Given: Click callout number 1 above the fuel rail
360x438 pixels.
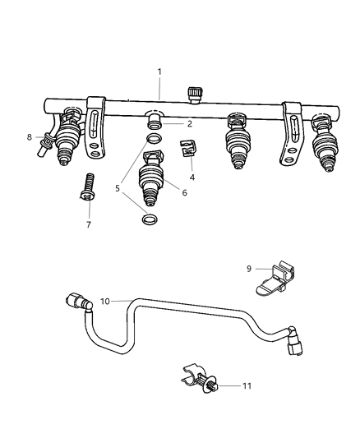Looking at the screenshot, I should (159, 72).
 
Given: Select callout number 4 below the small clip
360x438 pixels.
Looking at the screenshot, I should (192, 175).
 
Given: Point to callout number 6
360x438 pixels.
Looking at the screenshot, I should (184, 192).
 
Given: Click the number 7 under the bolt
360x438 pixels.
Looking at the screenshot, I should (89, 224).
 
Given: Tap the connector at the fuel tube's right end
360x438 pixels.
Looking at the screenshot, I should (298, 351).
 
